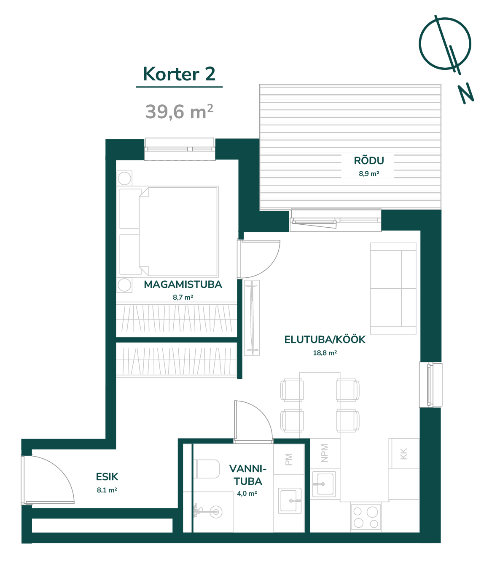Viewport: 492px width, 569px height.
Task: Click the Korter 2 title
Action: click(179, 74)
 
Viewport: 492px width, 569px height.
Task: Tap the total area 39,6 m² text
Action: click(179, 112)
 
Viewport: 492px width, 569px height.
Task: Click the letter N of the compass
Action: click(466, 94)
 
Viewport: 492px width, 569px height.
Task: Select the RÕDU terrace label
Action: click(369, 160)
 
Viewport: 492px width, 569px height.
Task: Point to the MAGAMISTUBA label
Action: click(183, 284)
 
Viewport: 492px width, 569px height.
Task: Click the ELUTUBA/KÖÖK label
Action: click(325, 339)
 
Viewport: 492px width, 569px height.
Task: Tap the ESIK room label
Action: click(107, 476)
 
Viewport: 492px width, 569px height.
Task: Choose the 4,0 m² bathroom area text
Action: click(247, 493)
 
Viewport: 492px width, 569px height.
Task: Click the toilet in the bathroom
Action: click(208, 469)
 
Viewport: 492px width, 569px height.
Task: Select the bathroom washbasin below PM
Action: click(290, 501)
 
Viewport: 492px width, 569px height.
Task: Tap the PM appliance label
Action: click(288, 460)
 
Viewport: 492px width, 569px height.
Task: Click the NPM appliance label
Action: click(325, 453)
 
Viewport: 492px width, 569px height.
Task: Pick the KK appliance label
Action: click(403, 454)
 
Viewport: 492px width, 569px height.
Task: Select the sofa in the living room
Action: click(393, 288)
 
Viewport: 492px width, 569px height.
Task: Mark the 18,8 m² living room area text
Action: click(325, 353)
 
